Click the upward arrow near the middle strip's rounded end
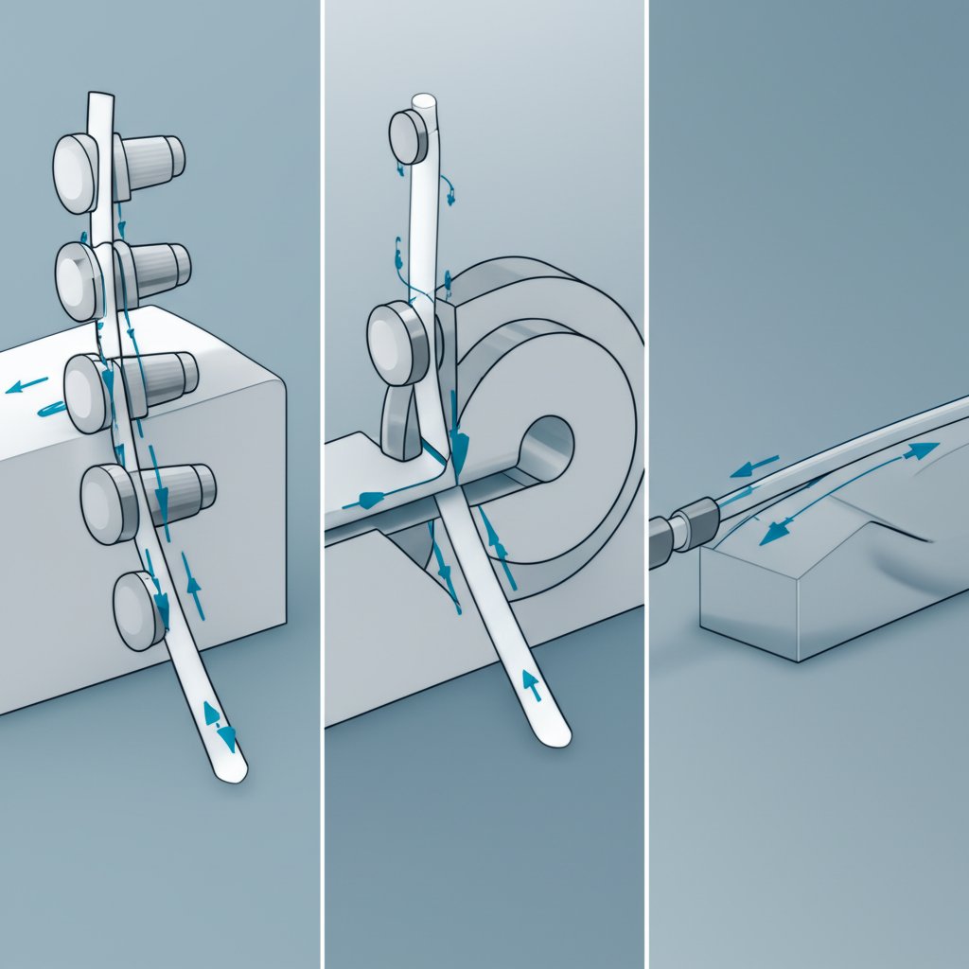[531, 684]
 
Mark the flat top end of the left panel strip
[99, 98]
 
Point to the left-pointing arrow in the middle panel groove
[372, 498]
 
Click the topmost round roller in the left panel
[76, 173]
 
